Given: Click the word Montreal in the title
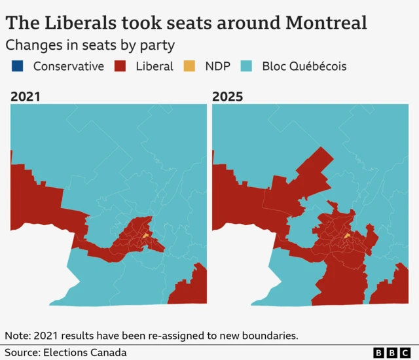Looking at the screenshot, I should click(326, 24).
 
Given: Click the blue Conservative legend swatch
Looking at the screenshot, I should click(17, 66).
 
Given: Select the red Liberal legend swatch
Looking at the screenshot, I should click(120, 66).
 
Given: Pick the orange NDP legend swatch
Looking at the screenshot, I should click(189, 66).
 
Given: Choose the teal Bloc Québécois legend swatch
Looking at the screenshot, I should click(246, 66).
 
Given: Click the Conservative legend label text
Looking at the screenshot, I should click(68, 66).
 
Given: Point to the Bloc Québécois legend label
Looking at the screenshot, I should click(304, 66).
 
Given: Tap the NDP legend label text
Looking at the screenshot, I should click(217, 66).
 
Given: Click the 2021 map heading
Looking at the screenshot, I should click(26, 97).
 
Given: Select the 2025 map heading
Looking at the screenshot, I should click(227, 97).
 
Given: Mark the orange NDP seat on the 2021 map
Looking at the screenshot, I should click(145, 235).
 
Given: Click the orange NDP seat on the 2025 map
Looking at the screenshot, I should click(348, 235).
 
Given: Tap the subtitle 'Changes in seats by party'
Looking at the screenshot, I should click(90, 45).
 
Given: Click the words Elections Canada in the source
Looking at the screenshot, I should click(85, 353).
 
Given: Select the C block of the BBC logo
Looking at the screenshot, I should click(407, 353).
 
